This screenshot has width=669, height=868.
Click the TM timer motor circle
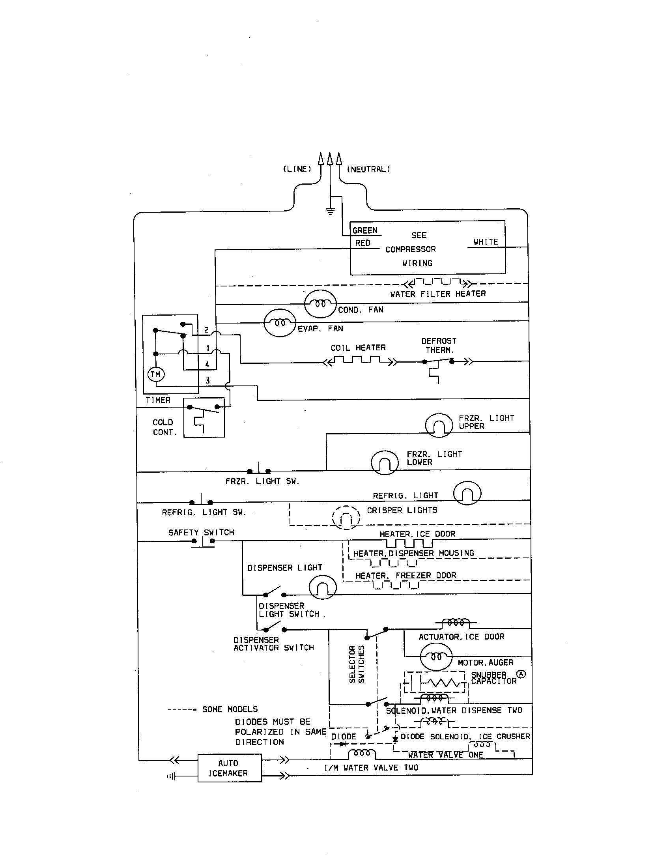pos(156,374)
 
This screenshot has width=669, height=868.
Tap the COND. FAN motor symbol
pos(320,304)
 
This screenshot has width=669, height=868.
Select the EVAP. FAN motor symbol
pos(280,323)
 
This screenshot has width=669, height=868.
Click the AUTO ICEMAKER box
pos(230,768)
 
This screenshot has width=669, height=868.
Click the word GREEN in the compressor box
pos(365,230)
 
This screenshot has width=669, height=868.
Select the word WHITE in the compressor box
pos(486,241)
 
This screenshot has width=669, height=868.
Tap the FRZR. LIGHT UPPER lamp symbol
pos(439,425)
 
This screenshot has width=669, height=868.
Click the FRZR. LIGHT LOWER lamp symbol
pos(385,462)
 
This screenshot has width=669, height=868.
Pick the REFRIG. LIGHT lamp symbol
pos(467,493)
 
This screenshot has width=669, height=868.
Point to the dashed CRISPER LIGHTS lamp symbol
pos(346,518)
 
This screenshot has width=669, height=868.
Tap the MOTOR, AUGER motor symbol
pos(436,657)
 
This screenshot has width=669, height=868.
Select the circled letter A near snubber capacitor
pos(521,674)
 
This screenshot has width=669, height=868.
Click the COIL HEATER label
pos(358,348)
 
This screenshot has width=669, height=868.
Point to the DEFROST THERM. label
pos(439,345)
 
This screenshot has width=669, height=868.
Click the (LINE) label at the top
pos(297,169)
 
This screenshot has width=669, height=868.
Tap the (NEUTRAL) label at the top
pos(368,169)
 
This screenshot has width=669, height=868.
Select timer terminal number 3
pos(207,380)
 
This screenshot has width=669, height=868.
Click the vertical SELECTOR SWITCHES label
pos(356,664)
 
